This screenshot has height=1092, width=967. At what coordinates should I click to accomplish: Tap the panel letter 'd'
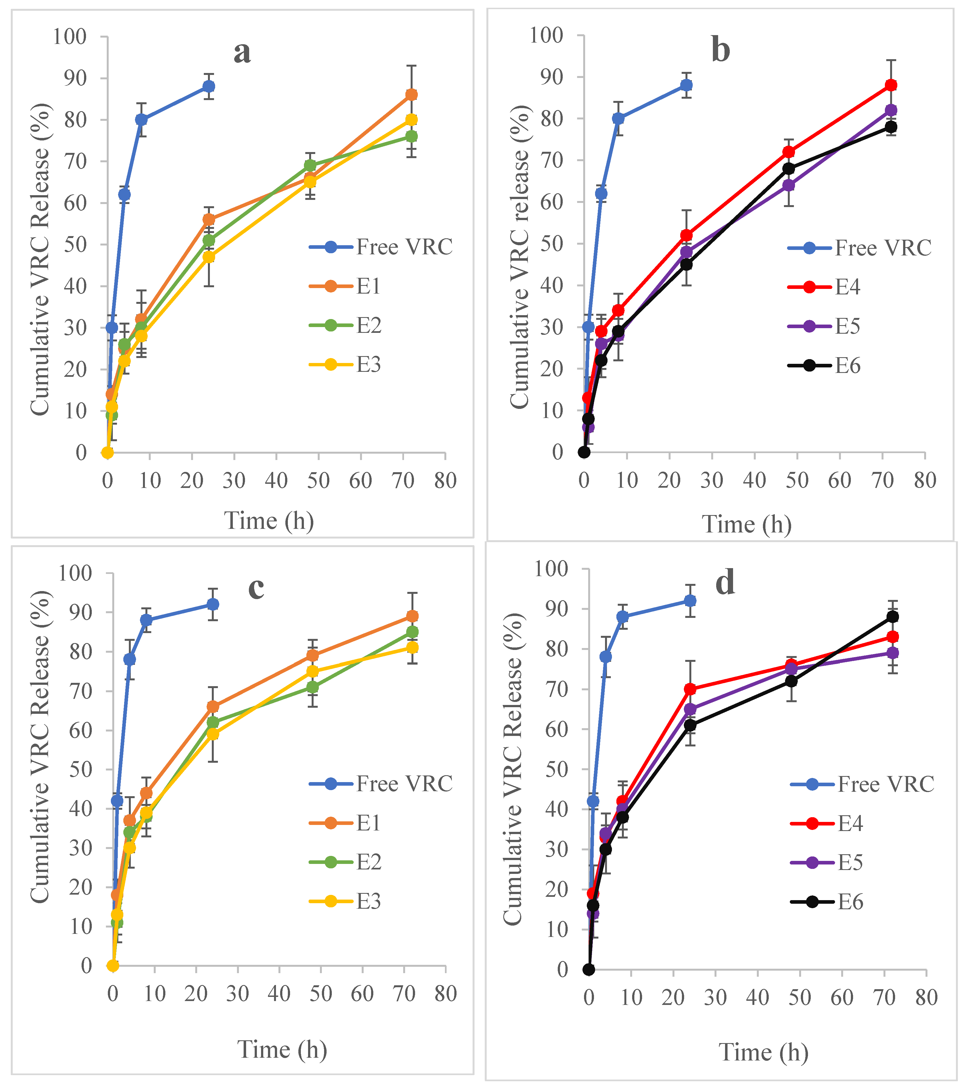point(725,583)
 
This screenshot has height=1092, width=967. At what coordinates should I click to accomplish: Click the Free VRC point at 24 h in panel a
point(209,87)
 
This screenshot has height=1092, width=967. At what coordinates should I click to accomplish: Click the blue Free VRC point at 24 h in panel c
point(213,604)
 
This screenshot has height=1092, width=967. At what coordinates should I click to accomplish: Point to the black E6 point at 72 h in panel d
point(893,617)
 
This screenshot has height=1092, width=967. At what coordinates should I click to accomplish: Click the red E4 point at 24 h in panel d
point(690,689)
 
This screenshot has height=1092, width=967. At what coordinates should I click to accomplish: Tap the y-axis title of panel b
point(519,257)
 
